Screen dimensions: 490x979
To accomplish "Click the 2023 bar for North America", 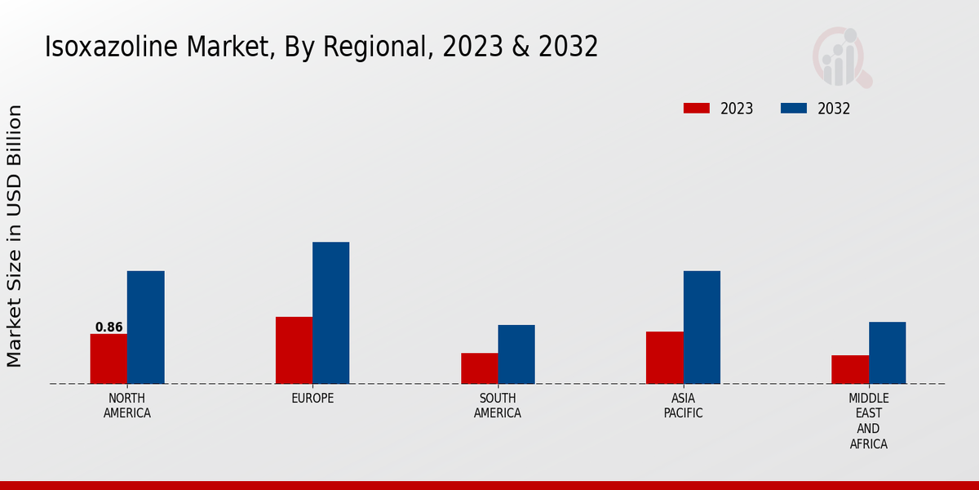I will coord(109,359).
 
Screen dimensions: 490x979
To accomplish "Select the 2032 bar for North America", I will coord(145,327).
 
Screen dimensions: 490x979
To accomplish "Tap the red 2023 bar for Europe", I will coord(294,350).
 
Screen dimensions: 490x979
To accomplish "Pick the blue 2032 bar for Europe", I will coord(330,313).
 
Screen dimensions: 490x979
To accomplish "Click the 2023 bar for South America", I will coord(479,368).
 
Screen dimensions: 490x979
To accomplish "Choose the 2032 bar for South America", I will coord(516,354).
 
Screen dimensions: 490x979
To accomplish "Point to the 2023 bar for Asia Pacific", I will coord(664,357).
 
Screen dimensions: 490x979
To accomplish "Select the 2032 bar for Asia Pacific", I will coord(702,327).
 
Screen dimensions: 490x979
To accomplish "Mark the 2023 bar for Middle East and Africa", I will coord(850,369).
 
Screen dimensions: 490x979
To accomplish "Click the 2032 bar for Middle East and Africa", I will coord(887,353).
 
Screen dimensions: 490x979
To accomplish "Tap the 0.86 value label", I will coord(109,327).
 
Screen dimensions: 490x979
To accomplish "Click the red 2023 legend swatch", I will coord(697,109).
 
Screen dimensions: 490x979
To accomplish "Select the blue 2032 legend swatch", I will coord(794,109).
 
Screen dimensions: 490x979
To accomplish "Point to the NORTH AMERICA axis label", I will coord(126,406).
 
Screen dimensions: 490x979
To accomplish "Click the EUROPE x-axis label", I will coord(312,399).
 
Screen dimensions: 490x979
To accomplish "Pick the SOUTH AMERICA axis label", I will coord(498,406).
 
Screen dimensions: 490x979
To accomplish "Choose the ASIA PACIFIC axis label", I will coord(683,406).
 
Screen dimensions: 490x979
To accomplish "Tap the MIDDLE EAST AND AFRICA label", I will coord(868,421).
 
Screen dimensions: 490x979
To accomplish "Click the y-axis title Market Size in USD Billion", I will coord(15,235).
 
